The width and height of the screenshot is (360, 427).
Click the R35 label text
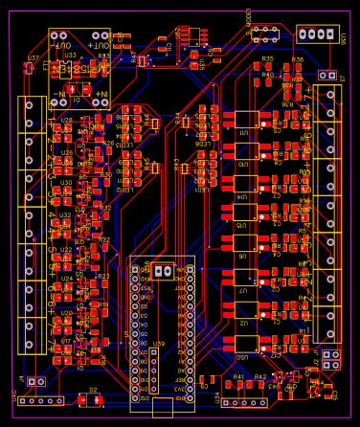(267, 59)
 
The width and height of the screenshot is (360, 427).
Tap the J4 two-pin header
(37, 382)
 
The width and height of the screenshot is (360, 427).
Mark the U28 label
(65, 121)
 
